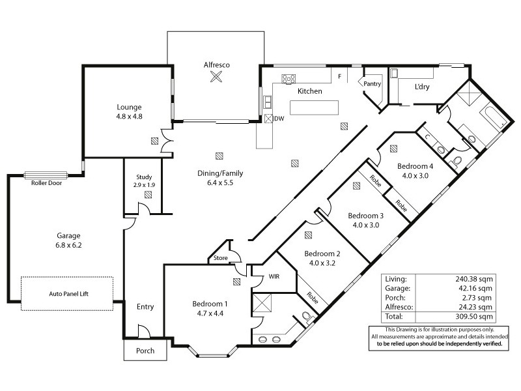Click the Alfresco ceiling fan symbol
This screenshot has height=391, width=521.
216,78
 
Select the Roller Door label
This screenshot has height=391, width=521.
46,183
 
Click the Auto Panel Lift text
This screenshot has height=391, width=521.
68,295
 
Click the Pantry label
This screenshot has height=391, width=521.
372,83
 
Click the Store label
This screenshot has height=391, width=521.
221,259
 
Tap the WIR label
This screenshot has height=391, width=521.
274,277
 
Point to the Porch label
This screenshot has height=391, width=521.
145,351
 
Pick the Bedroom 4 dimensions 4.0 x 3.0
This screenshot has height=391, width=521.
416,175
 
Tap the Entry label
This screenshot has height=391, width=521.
145,307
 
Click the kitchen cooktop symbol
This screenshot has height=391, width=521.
288,80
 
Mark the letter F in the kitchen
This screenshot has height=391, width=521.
339,77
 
